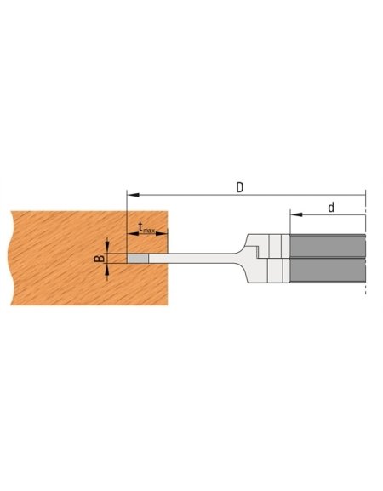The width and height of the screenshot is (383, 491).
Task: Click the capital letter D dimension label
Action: click(241, 186)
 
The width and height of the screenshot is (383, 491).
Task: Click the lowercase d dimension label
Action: click(331, 207)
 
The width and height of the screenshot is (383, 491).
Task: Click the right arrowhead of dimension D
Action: click(362, 194)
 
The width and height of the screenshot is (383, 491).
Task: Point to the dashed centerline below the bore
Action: click(365, 289)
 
